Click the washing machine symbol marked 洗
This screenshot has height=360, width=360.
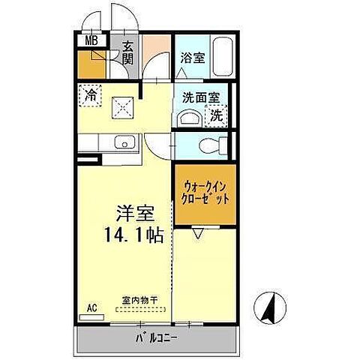[x=215, y=116]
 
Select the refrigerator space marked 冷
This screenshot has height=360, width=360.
[x=91, y=96]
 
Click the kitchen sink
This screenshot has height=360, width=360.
[x=122, y=142]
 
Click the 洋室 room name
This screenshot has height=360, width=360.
[x=129, y=214]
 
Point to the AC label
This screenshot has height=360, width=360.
[x=91, y=307]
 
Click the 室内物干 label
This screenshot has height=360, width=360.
[x=139, y=301]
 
